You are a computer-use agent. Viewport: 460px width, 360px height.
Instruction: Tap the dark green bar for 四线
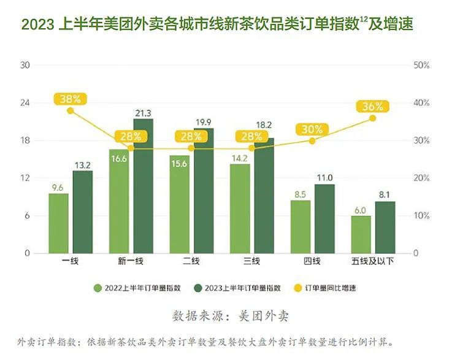324,218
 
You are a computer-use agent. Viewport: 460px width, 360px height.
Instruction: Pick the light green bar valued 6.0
361,234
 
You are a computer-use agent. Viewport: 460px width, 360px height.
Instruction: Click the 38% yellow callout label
71,98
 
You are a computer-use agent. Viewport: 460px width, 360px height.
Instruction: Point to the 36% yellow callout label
372,106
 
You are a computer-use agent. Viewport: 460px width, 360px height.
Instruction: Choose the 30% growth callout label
312,129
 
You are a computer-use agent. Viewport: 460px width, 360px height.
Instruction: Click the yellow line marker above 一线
71,111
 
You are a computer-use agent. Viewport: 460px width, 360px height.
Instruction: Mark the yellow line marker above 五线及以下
372,118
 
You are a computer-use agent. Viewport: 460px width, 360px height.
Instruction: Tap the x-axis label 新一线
131,262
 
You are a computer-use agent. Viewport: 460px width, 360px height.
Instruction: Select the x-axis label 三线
251,262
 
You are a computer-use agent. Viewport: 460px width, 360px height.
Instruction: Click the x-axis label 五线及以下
373,262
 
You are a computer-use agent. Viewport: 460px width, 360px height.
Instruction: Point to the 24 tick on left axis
25,102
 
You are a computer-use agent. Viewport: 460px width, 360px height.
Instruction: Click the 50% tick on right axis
421,65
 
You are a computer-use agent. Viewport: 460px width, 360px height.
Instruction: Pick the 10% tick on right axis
421,216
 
